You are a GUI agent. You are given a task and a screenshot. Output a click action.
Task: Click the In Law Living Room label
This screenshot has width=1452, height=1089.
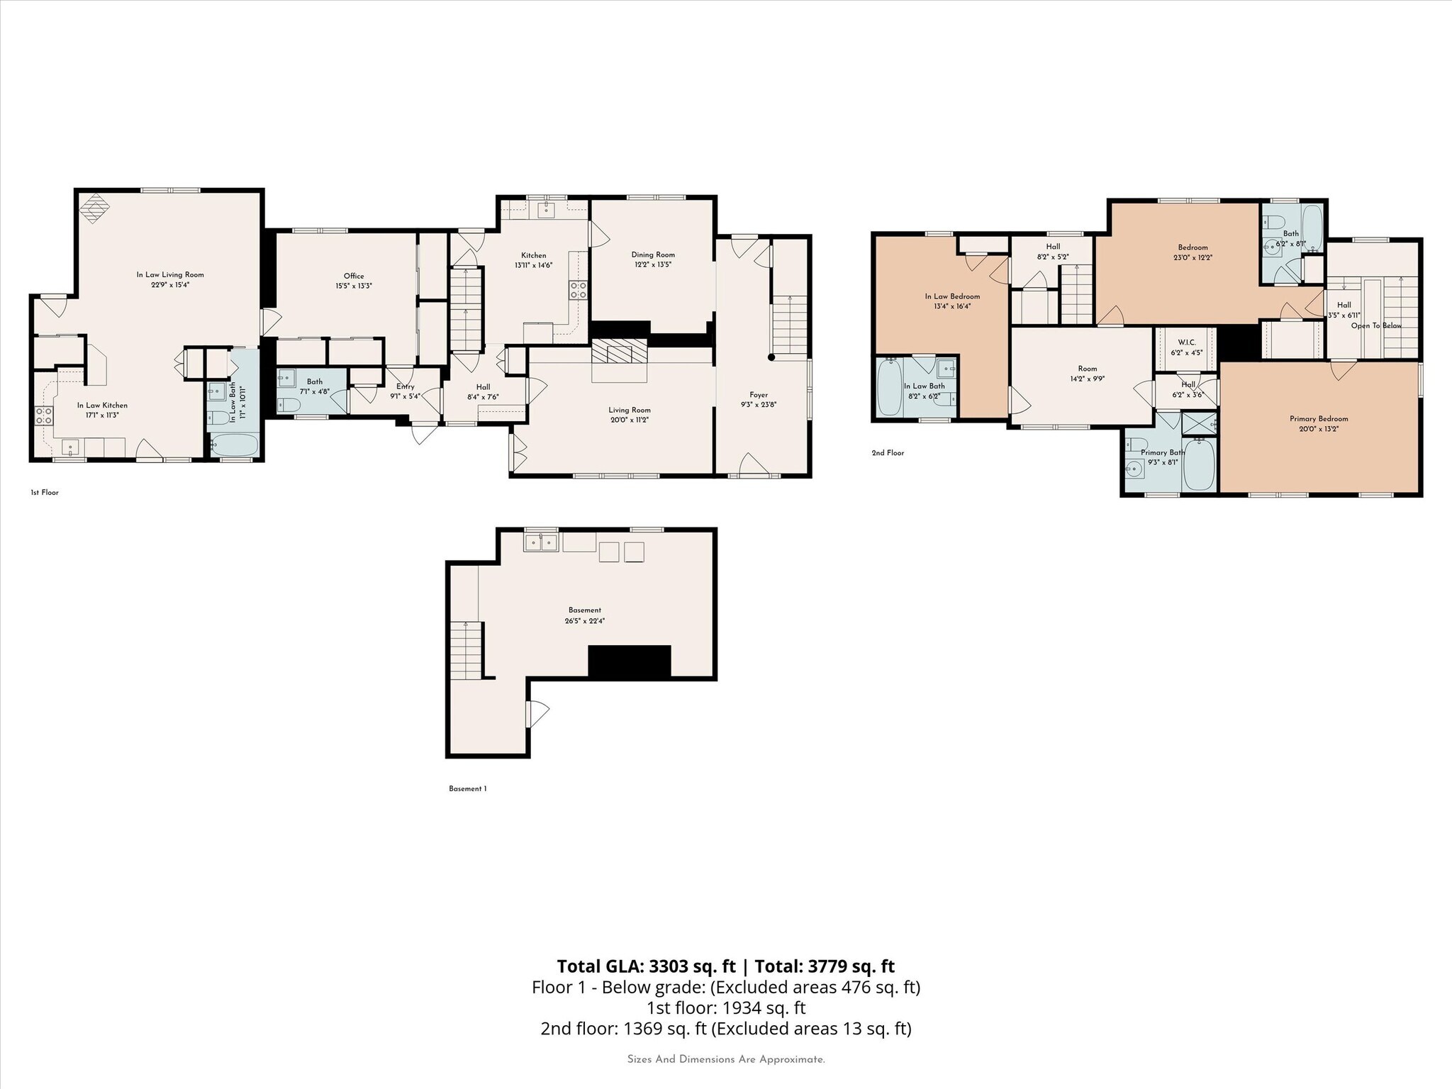pos(170,274)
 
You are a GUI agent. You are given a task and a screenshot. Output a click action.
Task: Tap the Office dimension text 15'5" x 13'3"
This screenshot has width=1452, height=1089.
pos(354,286)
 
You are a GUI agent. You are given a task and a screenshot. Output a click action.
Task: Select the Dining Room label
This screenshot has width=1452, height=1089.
pos(653,255)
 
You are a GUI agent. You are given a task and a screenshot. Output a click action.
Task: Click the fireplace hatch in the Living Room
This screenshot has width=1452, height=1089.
pos(620,352)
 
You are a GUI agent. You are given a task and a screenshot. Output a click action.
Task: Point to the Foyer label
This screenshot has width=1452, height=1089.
pos(758,395)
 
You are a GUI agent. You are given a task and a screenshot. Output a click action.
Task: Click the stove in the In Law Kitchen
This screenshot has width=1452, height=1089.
pos(44,415)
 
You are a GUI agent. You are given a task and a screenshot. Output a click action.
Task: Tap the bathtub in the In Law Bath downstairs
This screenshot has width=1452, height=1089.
pos(235,446)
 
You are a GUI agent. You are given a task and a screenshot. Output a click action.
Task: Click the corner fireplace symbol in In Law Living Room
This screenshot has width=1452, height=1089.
pos(94,208)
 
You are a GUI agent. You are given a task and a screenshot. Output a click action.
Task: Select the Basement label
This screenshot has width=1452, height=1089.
pos(584,610)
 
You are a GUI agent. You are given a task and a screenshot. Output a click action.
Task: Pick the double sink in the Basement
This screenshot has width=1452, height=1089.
pos(542,543)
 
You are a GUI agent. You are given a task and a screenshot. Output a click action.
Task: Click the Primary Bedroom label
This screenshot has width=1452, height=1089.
pos(1318,419)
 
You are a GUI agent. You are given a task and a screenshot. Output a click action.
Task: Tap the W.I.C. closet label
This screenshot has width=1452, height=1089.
pos(1186,342)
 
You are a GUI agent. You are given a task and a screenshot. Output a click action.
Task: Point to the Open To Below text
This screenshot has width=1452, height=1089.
pos(1375,325)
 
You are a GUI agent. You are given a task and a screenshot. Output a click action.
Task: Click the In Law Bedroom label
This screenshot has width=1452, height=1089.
pos(952,296)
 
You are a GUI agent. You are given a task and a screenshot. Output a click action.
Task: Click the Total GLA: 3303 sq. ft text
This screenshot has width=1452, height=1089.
pos(646,966)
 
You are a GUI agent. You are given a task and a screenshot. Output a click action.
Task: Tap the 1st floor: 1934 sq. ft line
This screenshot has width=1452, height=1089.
pos(725,1007)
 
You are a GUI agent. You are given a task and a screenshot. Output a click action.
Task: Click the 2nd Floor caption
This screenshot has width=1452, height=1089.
pos(888,452)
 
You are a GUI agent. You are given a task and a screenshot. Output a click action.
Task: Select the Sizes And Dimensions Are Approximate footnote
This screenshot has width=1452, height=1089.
pos(725,1059)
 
